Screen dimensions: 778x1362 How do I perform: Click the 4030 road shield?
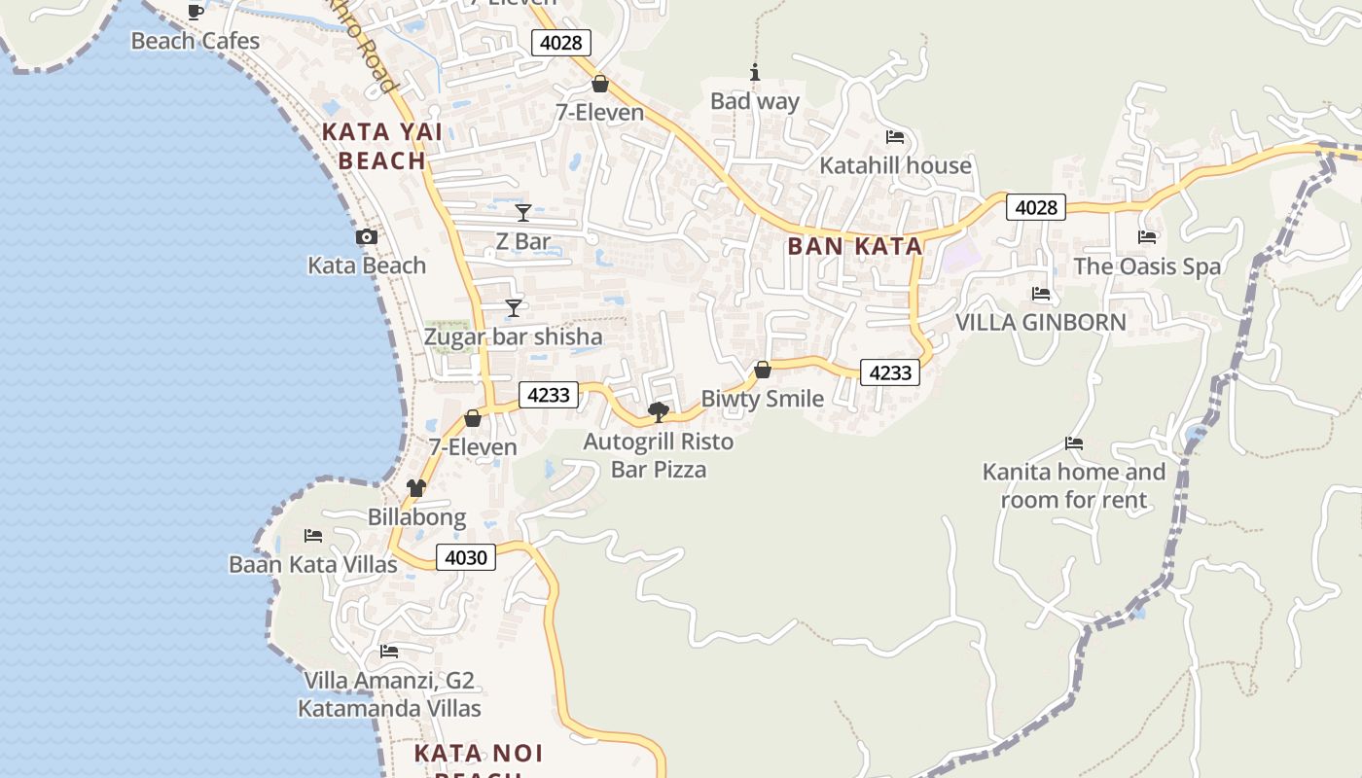[466, 557]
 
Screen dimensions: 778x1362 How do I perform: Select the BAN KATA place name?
[855, 246]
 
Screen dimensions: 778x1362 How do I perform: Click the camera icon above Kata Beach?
[367, 236]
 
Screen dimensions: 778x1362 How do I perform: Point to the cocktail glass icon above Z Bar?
[523, 212]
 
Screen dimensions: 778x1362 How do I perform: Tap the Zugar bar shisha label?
[513, 337]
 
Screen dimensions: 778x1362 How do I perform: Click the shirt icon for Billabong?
[416, 488]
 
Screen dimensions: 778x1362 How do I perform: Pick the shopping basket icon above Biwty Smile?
[763, 370]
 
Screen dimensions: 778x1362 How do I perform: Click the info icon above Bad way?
[754, 72]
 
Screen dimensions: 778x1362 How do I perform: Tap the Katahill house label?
[895, 165]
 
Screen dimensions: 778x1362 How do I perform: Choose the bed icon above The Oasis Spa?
[1147, 236]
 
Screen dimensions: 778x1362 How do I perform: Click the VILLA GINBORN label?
[1041, 322]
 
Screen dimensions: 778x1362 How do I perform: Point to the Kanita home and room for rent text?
[1074, 486]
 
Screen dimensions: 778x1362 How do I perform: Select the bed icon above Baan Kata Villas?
[313, 535]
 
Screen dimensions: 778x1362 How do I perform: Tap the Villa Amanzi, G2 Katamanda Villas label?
[389, 694]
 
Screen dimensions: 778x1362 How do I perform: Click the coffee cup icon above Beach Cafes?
[196, 12]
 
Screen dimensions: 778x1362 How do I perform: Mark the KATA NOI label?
[479, 754]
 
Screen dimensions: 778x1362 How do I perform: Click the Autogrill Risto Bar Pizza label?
[659, 455]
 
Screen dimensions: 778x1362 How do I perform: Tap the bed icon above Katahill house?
[895, 136]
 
